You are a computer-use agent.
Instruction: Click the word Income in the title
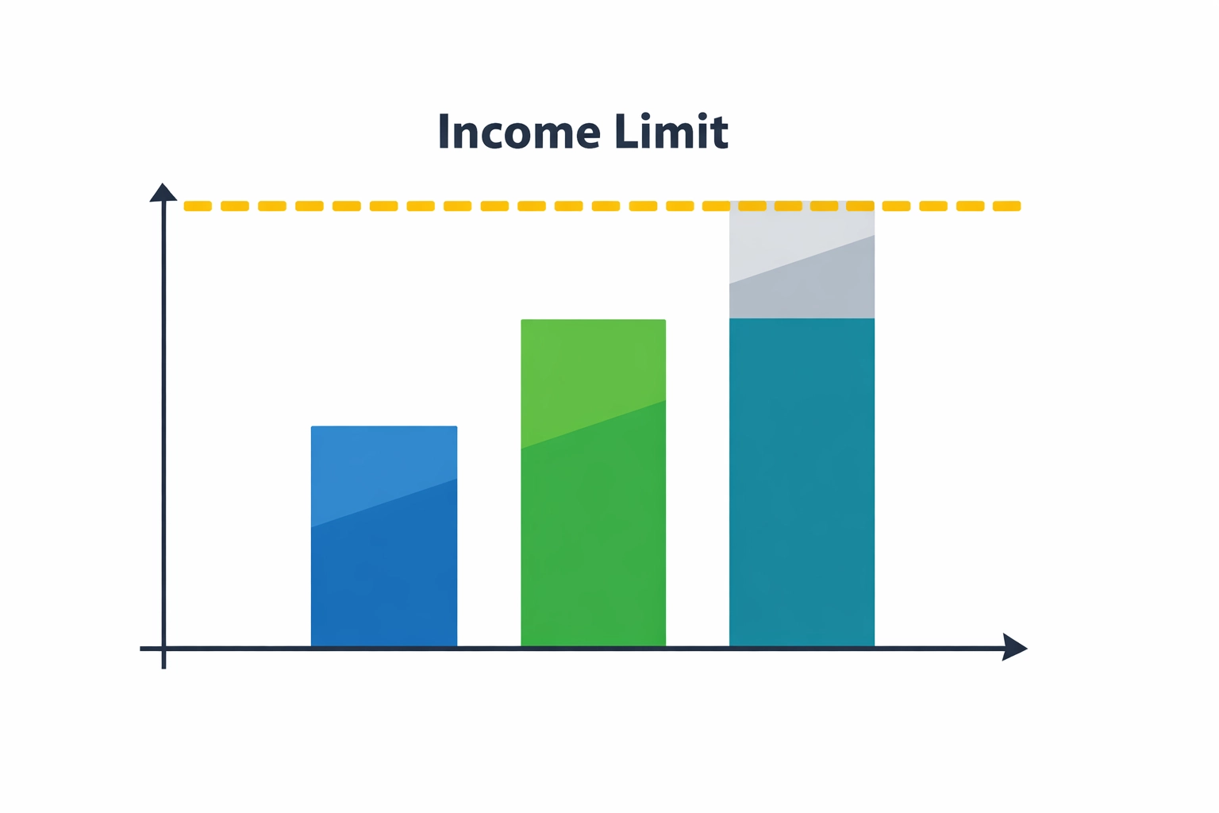tap(518, 133)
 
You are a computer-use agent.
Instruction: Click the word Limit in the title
tap(671, 133)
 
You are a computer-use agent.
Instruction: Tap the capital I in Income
tap(444, 133)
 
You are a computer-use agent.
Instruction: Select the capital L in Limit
tap(625, 133)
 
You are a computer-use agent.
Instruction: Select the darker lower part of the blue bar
tap(384, 580)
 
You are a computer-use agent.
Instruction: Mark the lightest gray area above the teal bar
tap(786, 238)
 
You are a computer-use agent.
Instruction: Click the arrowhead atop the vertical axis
tap(163, 192)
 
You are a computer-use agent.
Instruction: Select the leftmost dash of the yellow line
tap(198, 206)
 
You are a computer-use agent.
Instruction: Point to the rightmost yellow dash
tap(1006, 206)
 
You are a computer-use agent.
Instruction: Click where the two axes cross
tap(163, 648)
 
